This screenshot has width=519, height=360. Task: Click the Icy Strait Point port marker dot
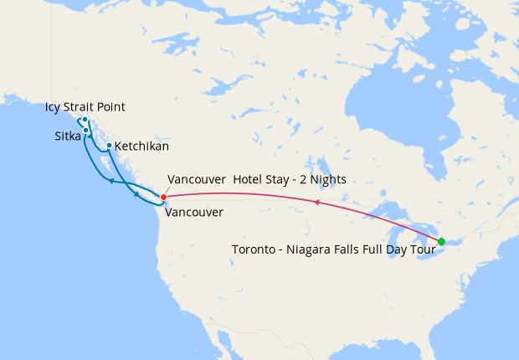coord(85,120)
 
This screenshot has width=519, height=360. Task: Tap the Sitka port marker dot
coord(86,131)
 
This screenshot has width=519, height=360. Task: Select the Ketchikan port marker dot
coord(109,146)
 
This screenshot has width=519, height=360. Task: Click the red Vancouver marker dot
coord(163,197)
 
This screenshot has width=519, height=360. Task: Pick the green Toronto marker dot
coord(441,241)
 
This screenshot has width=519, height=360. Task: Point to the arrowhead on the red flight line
coord(316,202)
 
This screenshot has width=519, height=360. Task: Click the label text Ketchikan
coord(141,147)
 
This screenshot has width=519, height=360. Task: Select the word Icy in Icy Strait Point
coord(54,107)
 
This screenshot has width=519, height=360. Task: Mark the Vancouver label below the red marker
coord(194,213)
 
